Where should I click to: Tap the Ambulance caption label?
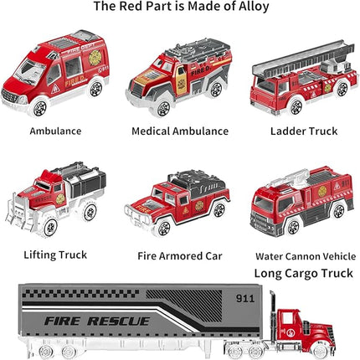pyautogui.click(x=54, y=131)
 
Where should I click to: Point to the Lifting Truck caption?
pyautogui.click(x=54, y=254)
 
